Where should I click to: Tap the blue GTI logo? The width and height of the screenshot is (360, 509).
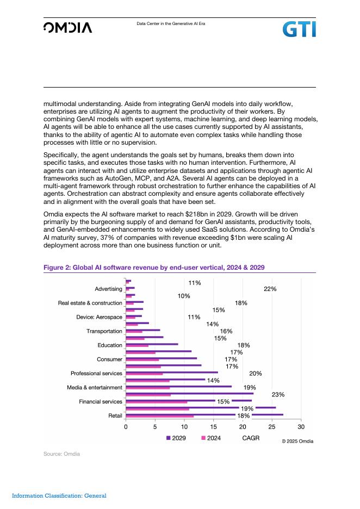click(299, 29)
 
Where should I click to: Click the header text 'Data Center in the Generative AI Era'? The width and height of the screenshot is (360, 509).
click(171, 24)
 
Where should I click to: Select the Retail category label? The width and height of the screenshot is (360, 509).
click(115, 415)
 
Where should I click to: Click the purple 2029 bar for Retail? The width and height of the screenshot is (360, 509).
click(204, 414)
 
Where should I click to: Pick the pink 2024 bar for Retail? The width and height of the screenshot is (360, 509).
click(159, 417)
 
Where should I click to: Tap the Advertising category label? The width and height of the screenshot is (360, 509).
click(109, 289)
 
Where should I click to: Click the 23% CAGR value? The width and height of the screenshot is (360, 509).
click(278, 394)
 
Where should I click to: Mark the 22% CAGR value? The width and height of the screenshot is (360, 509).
click(270, 289)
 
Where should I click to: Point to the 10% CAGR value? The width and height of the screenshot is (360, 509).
click(184, 296)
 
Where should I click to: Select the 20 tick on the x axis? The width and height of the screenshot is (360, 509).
click(243, 427)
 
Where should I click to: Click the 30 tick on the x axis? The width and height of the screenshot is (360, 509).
click(301, 427)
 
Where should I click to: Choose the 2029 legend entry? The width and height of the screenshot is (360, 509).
click(176, 438)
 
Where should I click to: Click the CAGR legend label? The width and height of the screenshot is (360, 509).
click(251, 438)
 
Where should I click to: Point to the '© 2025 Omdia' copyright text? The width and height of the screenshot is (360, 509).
click(297, 441)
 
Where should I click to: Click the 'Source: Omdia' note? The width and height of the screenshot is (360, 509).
click(61, 454)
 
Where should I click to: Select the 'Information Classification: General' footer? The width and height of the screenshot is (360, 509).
click(59, 495)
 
